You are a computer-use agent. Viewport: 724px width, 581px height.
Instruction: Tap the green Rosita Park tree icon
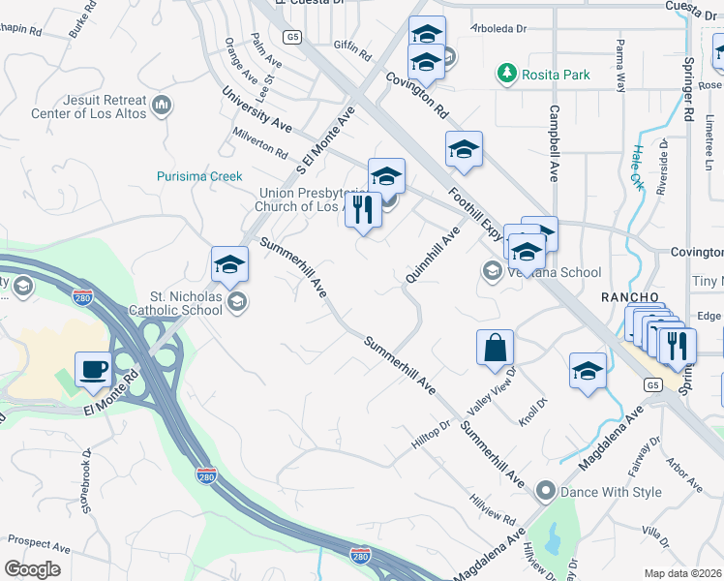point(505,73)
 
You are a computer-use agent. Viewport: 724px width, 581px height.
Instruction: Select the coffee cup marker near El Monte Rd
point(94,368)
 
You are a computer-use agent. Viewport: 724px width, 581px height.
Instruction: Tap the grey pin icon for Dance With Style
point(545,492)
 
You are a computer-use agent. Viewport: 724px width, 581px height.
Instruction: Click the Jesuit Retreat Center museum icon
point(163,104)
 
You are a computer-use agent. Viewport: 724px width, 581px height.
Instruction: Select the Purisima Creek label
point(199,176)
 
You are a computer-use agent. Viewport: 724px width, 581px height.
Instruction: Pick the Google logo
point(32,569)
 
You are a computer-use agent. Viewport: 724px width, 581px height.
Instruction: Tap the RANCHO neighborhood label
point(630,296)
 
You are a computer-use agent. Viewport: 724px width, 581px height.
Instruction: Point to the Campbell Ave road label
point(555,143)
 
